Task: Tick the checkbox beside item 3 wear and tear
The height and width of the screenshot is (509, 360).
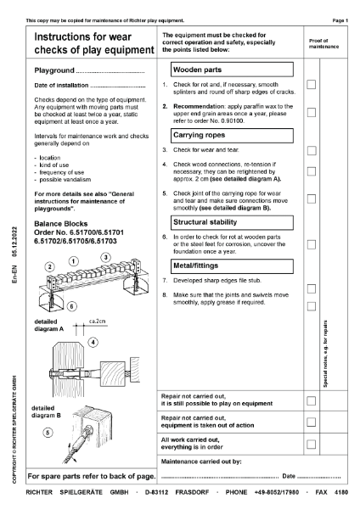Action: click(312, 150)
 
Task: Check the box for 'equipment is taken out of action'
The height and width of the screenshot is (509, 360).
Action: click(312, 422)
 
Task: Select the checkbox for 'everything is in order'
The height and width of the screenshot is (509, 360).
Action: click(312, 444)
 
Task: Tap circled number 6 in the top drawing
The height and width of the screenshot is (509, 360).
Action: click(48, 306)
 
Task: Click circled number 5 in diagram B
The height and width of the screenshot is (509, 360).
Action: click(50, 432)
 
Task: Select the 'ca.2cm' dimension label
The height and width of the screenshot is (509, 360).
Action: click(98, 322)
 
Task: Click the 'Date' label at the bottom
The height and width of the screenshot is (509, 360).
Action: click(289, 476)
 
